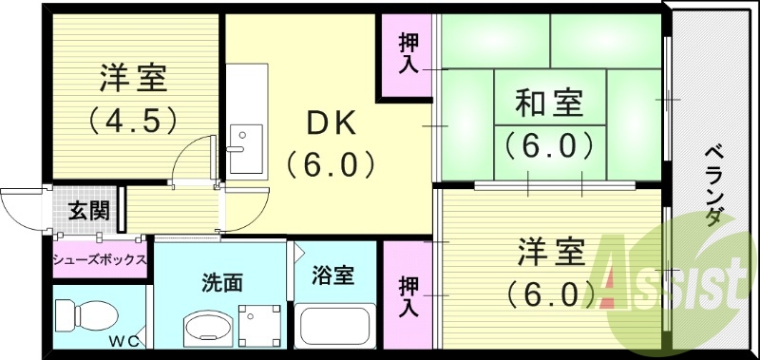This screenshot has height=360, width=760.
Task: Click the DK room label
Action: (x=330, y=124)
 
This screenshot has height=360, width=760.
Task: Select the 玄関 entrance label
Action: (x=87, y=210)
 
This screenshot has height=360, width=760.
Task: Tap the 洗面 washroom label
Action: (x=221, y=281)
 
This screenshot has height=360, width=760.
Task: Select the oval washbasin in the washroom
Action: (x=207, y=329)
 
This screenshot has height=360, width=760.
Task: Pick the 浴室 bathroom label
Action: (x=333, y=275)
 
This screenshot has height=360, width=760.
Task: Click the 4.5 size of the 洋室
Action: (x=134, y=122)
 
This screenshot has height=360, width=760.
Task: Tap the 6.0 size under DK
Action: (x=330, y=167)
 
